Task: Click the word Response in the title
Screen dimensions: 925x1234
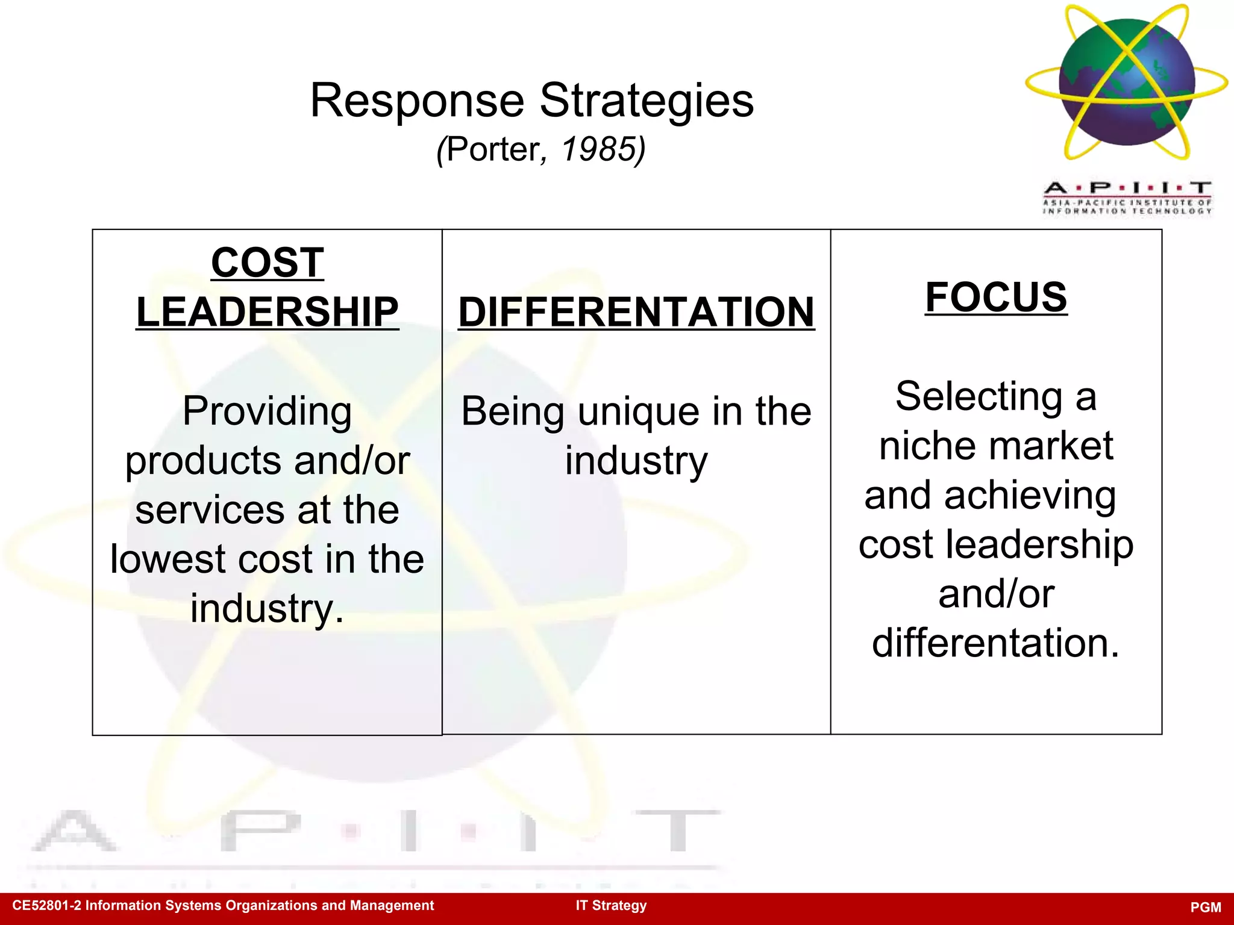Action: [x=417, y=101]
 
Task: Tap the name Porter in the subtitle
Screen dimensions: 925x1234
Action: [x=492, y=149]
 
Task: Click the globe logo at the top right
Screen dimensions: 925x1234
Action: [x=1126, y=83]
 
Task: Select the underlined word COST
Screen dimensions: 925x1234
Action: [x=268, y=263]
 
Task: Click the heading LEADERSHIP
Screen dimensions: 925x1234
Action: [x=268, y=312]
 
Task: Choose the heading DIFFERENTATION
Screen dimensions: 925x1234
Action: [x=636, y=312]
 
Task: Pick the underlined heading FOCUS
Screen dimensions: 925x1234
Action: [x=996, y=297]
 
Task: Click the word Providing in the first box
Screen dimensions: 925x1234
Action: [x=268, y=411]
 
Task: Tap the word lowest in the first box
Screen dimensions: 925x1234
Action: [x=168, y=559]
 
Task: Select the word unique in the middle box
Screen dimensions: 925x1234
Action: [x=640, y=412]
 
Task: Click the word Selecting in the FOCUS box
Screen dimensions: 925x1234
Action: [x=979, y=396]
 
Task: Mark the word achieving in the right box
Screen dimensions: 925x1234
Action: [x=1030, y=496]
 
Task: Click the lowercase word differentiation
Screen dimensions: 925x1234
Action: [x=995, y=643]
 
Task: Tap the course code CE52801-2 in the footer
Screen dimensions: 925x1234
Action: [x=46, y=905]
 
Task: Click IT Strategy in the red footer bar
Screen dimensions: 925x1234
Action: [x=611, y=905]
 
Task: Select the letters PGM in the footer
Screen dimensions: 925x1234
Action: [x=1206, y=907]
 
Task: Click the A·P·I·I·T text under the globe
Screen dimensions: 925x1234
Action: [x=1127, y=188]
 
